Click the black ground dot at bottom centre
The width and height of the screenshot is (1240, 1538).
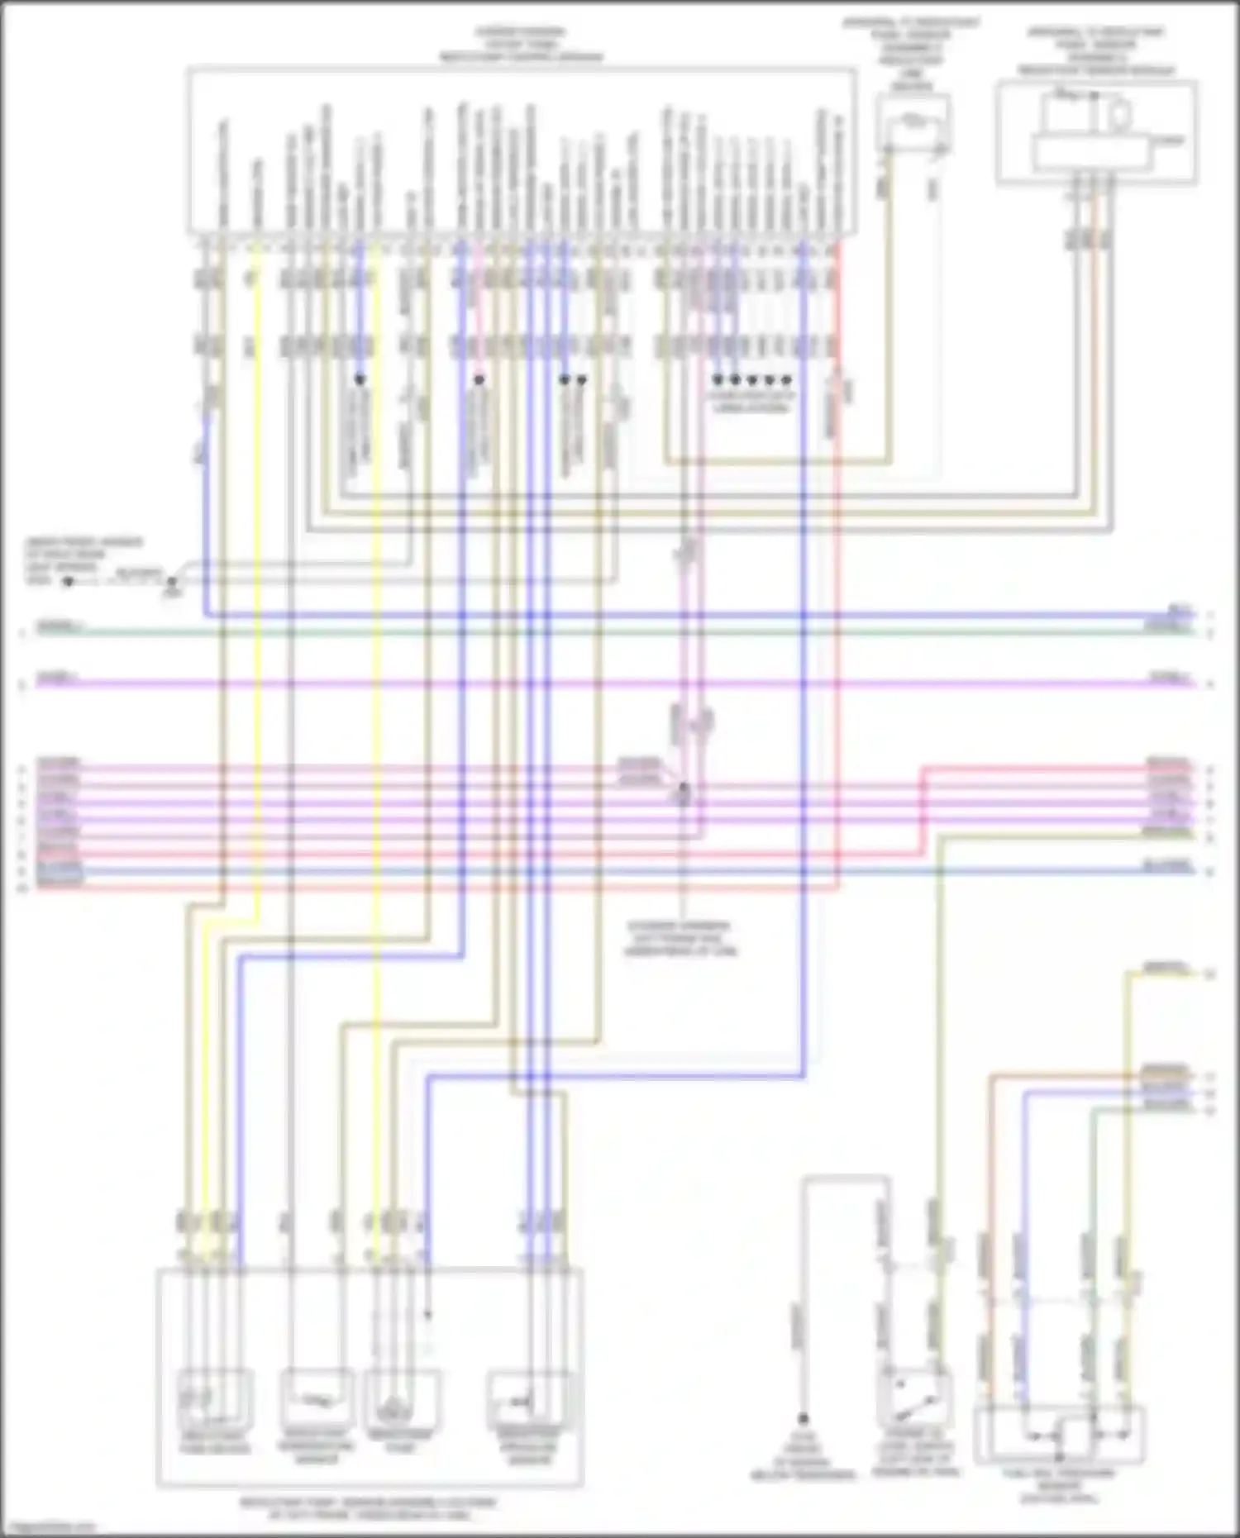(802, 1418)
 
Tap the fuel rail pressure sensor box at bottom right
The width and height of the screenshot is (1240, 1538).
(1060, 1436)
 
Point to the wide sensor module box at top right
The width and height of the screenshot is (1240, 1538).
(1096, 131)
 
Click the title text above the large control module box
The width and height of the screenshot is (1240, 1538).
(521, 45)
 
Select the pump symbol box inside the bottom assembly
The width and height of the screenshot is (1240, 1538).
(402, 1398)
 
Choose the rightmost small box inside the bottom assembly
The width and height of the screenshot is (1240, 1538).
(529, 1398)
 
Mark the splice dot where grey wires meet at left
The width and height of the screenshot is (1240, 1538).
(171, 582)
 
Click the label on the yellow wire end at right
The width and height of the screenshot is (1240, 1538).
(1166, 967)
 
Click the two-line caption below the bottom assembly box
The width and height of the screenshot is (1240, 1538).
(369, 1508)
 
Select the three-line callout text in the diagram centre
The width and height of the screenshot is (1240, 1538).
(680, 939)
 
